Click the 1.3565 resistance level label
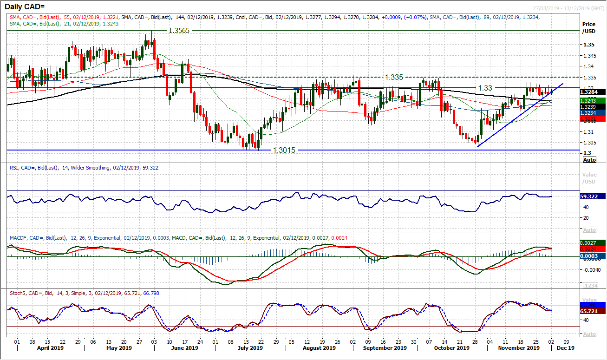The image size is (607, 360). pyautogui.click(x=178, y=30)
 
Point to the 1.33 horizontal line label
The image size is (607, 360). pyautogui.click(x=484, y=87)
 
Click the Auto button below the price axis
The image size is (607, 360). pyautogui.click(x=589, y=159)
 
